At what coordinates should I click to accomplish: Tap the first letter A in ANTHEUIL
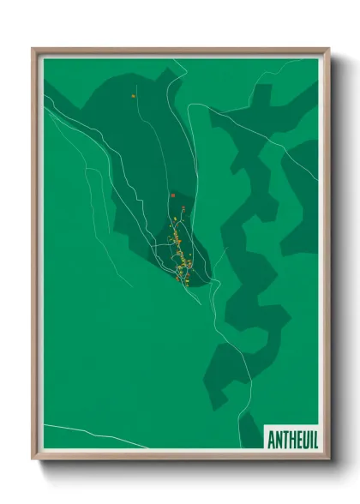[271, 437]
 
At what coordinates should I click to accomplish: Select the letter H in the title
[288, 437]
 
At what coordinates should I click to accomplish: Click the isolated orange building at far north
[134, 96]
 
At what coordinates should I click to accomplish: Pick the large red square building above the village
[172, 195]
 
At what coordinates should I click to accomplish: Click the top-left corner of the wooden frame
[33, 50]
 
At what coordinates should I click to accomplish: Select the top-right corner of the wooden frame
[327, 50]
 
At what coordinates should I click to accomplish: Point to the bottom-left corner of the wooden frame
[33, 457]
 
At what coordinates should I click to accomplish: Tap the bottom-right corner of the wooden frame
[327, 457]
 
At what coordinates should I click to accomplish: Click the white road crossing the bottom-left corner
[86, 433]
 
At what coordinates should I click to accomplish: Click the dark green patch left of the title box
[249, 429]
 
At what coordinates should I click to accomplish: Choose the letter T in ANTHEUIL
[282, 437]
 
